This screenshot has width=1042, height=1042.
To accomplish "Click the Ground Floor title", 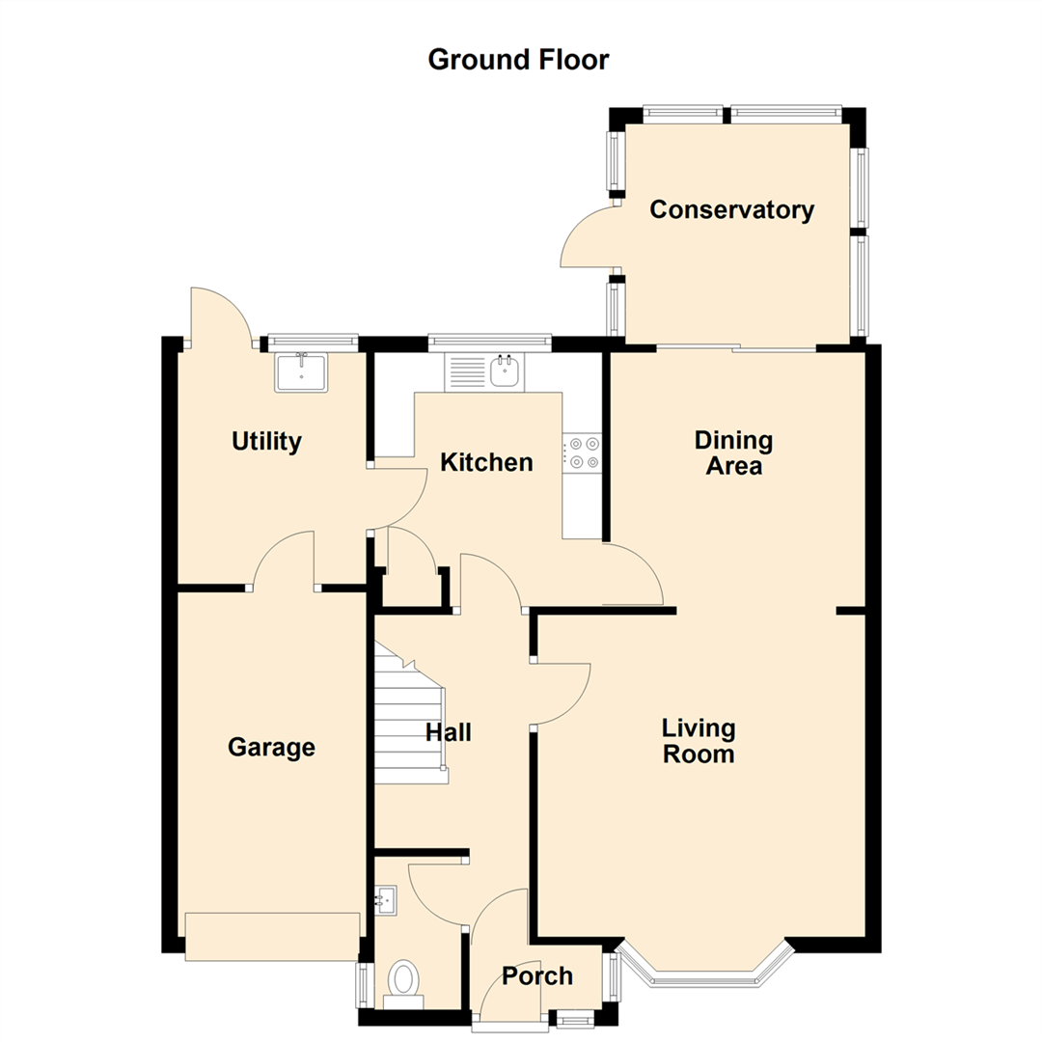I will pos(518,60).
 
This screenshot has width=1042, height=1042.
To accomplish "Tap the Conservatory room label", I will pos(731,210).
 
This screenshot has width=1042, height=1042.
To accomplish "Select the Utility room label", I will pos(266,442).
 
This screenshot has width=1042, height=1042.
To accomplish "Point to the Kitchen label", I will pos(486,463).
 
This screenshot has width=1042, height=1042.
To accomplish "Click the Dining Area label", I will pos(733,453).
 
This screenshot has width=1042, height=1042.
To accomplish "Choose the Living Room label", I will pos(699,740).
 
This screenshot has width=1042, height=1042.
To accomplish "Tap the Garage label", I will pos(271,747).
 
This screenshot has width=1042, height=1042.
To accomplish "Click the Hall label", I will pos(449,733).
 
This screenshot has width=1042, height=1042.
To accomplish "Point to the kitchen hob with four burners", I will pos(584,453).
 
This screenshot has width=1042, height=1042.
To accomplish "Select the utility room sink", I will pos(302,371).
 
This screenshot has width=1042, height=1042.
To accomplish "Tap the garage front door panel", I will pos(272,936).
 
